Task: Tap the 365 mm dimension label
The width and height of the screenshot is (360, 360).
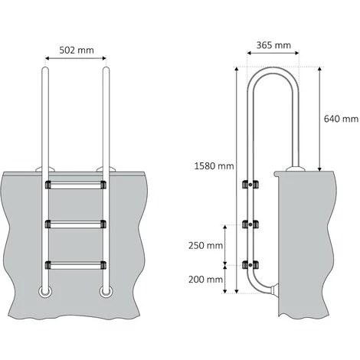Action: point(272,45)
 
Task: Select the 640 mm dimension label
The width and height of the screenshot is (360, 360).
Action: point(341,119)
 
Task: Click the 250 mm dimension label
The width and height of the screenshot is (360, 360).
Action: point(205,246)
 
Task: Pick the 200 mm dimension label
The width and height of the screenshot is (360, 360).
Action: point(205,280)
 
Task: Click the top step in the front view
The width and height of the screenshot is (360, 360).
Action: point(74,185)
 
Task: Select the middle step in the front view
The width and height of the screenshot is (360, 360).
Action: point(74,224)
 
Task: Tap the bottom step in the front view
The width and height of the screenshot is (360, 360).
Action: point(74,265)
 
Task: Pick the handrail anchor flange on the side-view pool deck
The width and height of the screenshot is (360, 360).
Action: point(293,169)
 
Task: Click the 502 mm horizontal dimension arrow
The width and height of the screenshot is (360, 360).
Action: point(74,58)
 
